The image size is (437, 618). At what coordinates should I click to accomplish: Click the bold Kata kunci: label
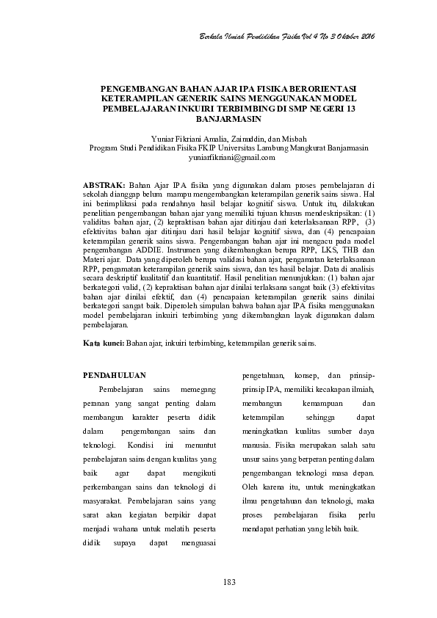103,343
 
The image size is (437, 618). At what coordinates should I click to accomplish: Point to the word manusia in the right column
257,445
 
